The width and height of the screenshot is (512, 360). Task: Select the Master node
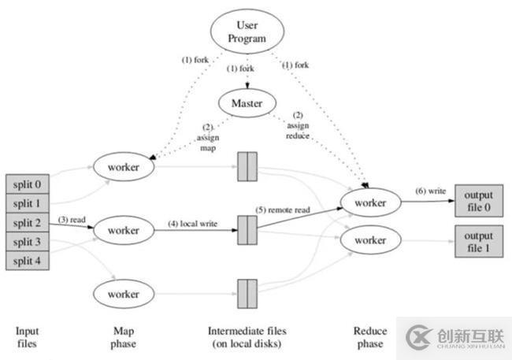point(248,102)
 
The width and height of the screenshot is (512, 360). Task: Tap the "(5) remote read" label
point(282,210)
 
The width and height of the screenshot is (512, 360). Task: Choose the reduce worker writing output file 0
point(369,204)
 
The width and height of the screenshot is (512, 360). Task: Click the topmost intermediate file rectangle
point(247,166)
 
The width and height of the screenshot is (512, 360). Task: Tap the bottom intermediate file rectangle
point(247,293)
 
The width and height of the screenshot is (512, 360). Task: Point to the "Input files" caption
point(28,337)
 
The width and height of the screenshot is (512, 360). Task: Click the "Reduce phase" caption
point(369,337)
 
